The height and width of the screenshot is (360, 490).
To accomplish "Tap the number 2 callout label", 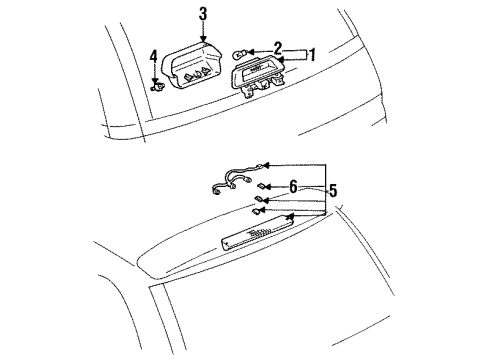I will coord(278,47).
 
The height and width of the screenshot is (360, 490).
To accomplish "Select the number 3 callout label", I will coord(203,13).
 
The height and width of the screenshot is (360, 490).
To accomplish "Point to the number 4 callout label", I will coord(153,56).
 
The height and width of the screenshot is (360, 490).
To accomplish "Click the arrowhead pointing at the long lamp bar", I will coord(290,215).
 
